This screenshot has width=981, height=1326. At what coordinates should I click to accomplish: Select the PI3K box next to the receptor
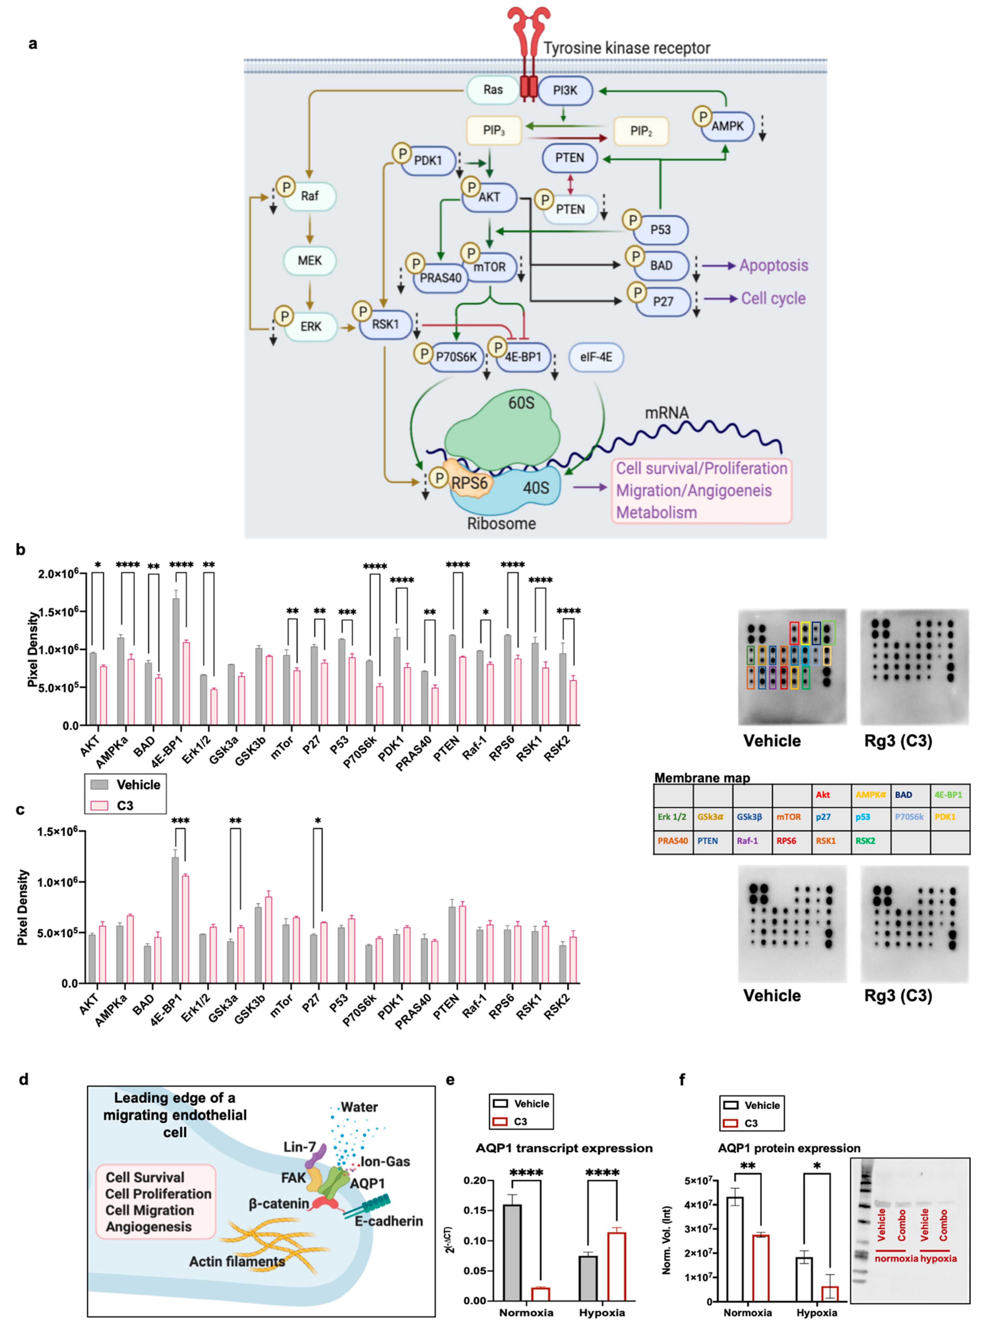[x=565, y=90]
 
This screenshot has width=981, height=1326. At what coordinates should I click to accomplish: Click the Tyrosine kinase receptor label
[x=627, y=48]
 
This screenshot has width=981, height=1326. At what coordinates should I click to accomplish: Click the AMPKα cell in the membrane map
[x=871, y=794]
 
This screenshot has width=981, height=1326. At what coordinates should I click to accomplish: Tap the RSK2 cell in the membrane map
[x=865, y=841]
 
